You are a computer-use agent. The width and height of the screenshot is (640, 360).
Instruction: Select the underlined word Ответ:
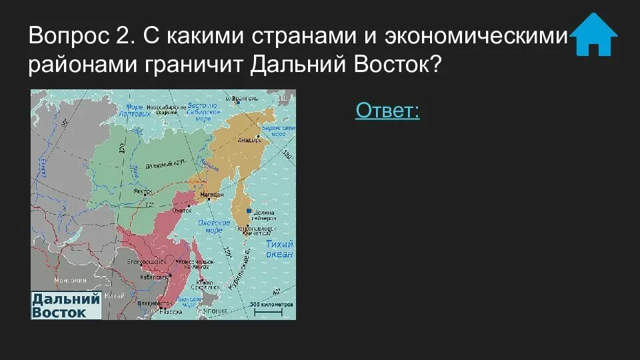point(387,110)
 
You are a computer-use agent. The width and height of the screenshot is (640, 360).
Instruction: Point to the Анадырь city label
point(248,139)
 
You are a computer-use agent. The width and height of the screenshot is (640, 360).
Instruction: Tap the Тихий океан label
point(279,249)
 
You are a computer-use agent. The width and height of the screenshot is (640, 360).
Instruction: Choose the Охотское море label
point(213,225)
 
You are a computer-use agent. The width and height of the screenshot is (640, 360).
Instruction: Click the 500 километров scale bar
point(272,306)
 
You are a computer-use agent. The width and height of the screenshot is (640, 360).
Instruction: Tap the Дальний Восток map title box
point(65,305)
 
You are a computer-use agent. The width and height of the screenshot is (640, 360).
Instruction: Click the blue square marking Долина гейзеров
point(249,211)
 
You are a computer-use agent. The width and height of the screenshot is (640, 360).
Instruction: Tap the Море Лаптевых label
point(135,110)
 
